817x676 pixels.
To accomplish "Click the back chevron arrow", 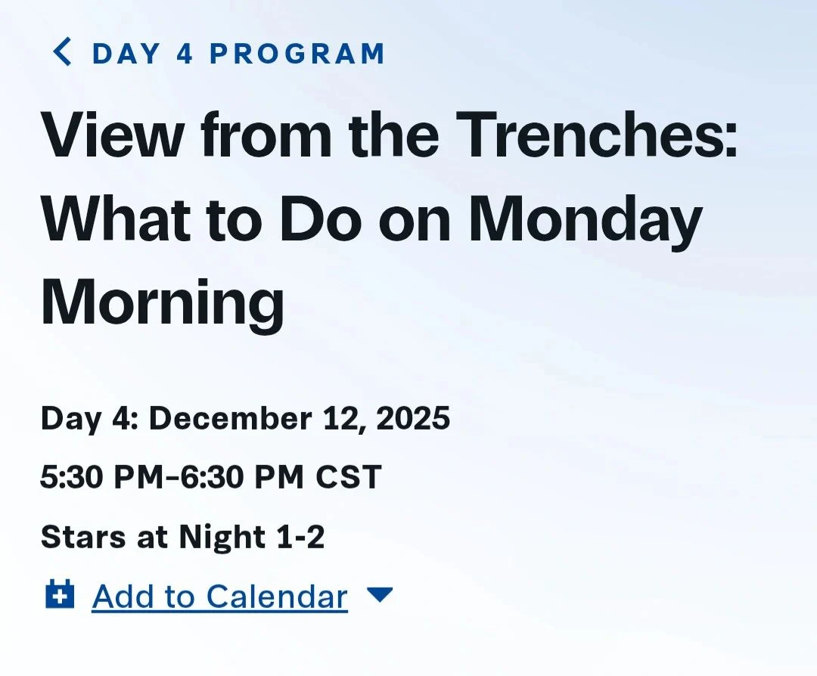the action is [x=61, y=52].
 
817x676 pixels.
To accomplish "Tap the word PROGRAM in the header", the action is [x=297, y=53].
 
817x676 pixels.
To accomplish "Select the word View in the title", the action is [x=112, y=134].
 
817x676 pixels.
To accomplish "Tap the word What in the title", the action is [x=116, y=219].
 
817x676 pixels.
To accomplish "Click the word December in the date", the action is [x=231, y=418].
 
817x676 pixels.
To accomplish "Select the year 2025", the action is [x=413, y=418].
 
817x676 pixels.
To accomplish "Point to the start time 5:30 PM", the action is [x=101, y=476].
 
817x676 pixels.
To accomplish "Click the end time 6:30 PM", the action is [x=242, y=476].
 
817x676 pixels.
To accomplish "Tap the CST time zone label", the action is [x=349, y=476].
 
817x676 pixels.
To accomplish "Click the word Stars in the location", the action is [x=83, y=536].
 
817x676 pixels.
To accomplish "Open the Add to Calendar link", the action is [x=219, y=597].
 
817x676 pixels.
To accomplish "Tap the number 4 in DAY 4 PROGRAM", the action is [x=185, y=53].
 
